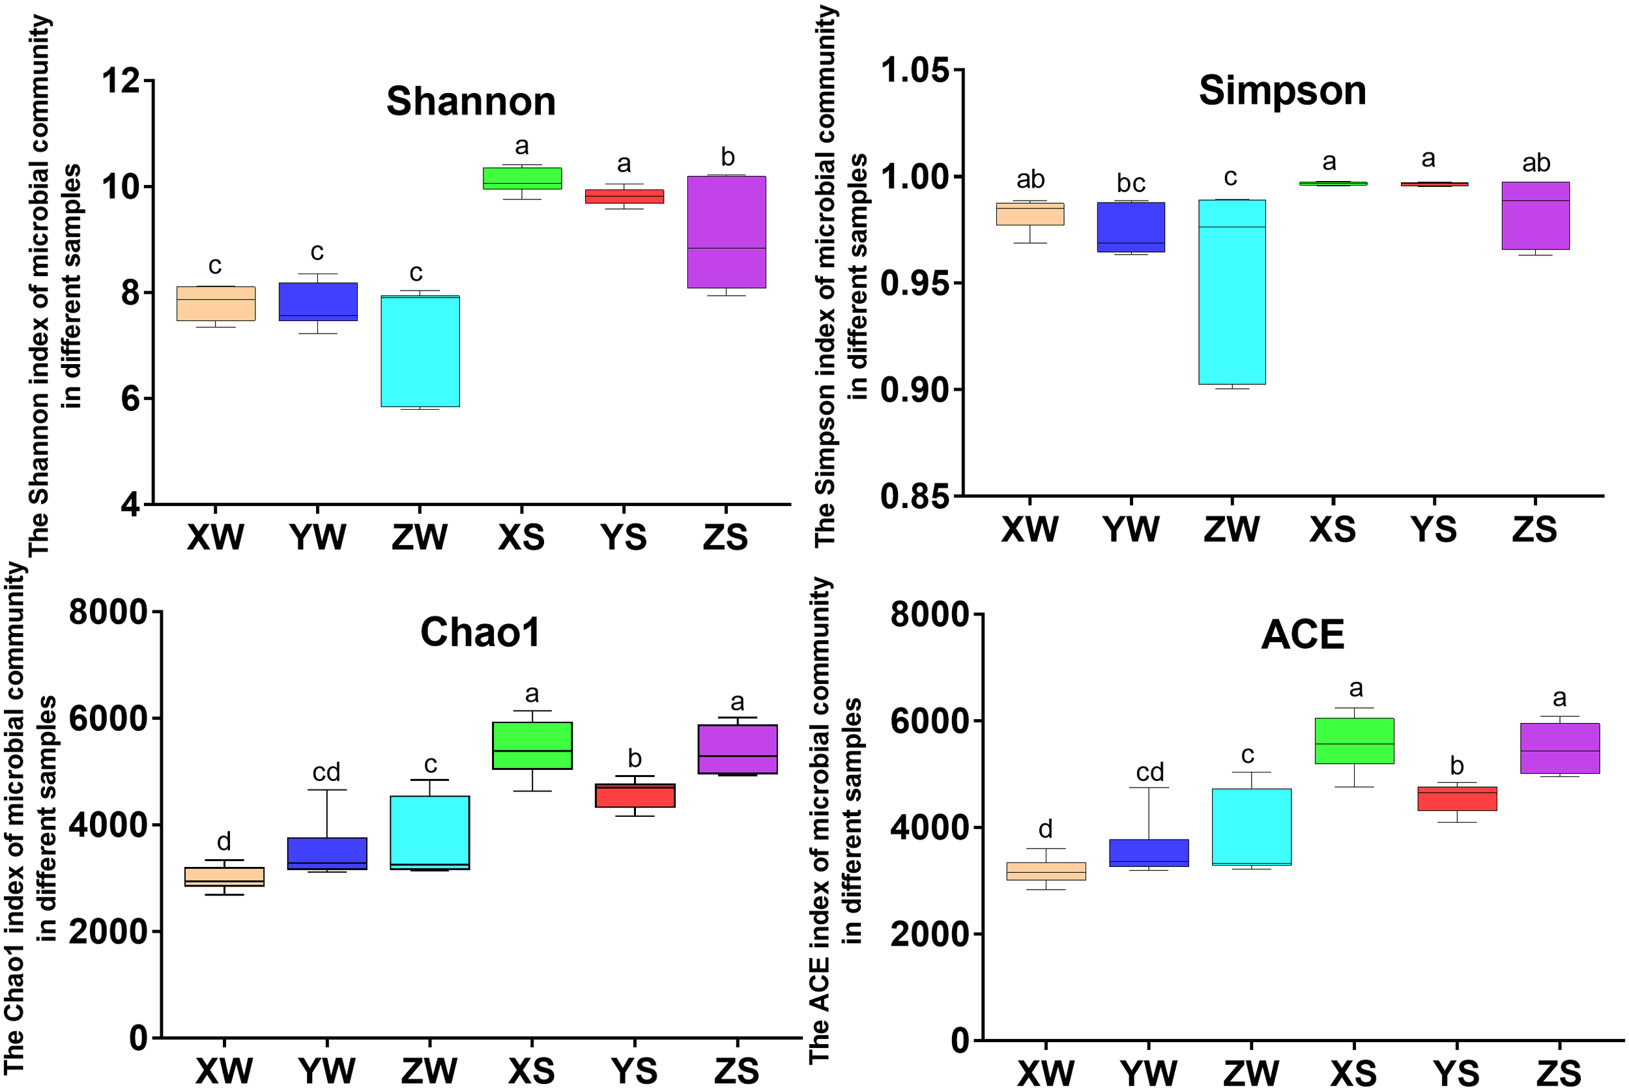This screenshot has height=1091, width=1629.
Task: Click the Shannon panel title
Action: [471, 102]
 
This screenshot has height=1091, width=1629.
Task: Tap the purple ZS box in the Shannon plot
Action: [727, 232]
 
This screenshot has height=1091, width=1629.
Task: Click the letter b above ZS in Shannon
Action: [727, 157]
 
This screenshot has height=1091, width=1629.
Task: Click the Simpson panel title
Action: [1282, 91]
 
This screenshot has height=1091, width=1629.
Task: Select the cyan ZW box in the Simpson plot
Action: [1232, 292]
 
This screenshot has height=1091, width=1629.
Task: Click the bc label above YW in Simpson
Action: [1131, 184]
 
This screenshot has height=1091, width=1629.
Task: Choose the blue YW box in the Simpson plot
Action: [1131, 227]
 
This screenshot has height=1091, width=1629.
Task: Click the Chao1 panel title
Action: [480, 632]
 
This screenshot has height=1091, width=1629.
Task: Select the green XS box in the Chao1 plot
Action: [532, 745]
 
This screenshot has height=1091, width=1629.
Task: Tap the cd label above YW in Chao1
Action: [326, 772]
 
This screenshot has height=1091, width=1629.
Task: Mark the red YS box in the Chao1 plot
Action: [635, 795]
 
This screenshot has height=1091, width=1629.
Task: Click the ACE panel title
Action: [1302, 634]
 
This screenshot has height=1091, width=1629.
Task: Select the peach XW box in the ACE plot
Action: [1046, 871]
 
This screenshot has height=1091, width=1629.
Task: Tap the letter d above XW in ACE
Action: [1045, 829]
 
